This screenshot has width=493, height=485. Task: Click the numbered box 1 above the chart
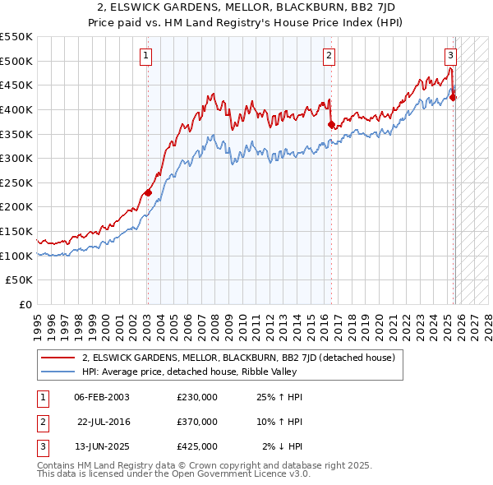[145, 56]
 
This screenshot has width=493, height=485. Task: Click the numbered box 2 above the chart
[329, 56]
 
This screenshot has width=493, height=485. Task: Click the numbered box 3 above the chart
[451, 56]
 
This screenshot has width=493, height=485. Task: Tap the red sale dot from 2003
[148, 192]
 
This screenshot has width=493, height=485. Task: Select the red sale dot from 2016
[331, 125]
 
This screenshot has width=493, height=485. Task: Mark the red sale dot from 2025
[453, 98]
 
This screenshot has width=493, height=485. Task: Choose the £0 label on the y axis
[25, 304]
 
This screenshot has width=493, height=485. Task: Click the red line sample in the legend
[58, 358]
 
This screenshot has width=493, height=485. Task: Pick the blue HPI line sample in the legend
[58, 372]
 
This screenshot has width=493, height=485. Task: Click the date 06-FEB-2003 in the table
[101, 397]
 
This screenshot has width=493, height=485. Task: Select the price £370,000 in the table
[196, 422]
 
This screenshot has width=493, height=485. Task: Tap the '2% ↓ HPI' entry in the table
[283, 446]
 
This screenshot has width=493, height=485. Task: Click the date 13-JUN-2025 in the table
[101, 446]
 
